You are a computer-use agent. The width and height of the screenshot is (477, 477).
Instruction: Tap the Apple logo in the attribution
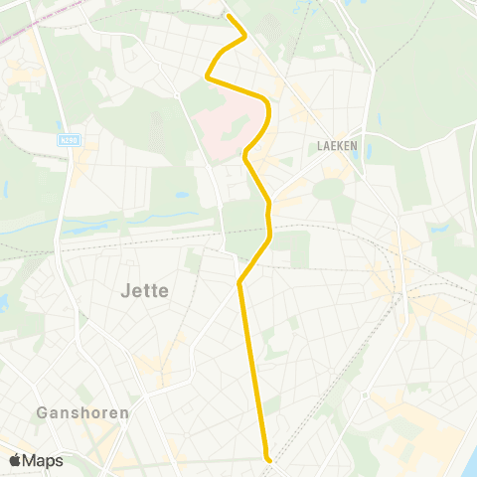coord(15,460)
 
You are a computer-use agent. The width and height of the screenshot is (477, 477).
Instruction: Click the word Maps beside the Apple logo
coord(43,461)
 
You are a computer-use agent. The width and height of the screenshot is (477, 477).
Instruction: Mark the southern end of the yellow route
coord(267,458)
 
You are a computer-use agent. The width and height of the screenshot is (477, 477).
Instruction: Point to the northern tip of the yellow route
coord(229,16)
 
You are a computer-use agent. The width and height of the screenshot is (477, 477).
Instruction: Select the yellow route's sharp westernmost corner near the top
coord(207,76)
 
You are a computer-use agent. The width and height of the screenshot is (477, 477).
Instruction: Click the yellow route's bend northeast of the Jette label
coord(239,282)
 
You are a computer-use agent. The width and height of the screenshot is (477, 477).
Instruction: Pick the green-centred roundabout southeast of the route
coord(365,395)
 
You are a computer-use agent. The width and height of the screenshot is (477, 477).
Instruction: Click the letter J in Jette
coord(123,290)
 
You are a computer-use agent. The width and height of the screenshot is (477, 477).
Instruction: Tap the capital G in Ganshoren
coord(40,411)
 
